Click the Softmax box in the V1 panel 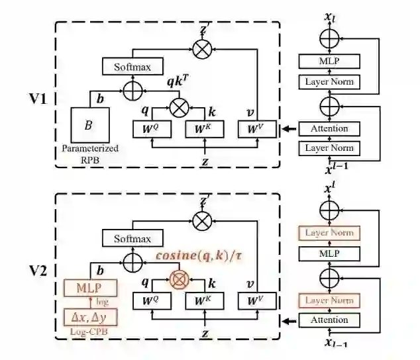click(129, 66)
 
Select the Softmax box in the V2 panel click(129, 239)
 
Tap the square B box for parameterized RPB click(88, 124)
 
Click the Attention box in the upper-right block click(329, 128)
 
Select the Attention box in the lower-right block click(329, 321)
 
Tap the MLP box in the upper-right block click(329, 62)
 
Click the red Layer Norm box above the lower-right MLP click(329, 232)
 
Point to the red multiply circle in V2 click(177, 279)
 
